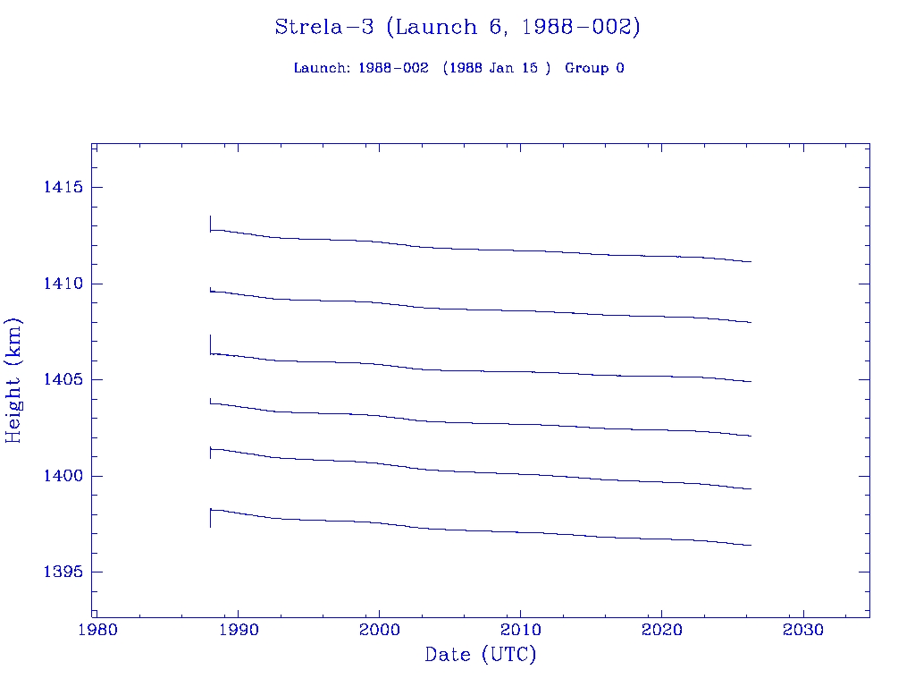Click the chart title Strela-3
[x=457, y=28]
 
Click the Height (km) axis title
[x=13, y=380]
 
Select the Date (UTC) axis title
[x=481, y=656]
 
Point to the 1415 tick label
[x=63, y=188]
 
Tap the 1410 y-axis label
[x=63, y=284]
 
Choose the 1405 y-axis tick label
[x=63, y=380]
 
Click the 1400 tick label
[x=63, y=476]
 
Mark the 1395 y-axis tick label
[x=63, y=572]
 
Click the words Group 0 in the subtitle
[x=594, y=69]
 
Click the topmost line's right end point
[x=751, y=262]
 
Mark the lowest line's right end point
[x=751, y=545]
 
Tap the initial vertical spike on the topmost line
[x=210, y=223]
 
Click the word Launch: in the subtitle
[x=322, y=69]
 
